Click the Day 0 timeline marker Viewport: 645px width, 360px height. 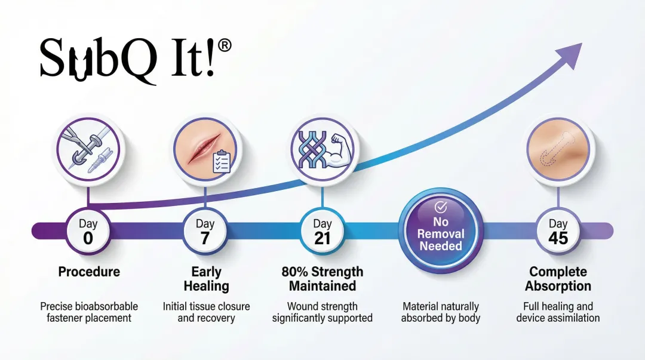88,230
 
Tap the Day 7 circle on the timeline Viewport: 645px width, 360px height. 205,230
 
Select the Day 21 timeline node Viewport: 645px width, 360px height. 322,230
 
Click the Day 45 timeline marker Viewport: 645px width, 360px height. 558,230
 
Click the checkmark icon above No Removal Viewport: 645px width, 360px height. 441,207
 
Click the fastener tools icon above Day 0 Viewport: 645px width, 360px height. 88,147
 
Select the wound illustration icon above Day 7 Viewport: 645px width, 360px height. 205,147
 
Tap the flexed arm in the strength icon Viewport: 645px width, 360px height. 339,150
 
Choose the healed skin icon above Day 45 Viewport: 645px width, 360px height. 558,147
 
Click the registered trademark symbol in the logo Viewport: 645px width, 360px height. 225,48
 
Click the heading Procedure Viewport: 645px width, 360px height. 89,272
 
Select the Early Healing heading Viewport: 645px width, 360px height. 206,279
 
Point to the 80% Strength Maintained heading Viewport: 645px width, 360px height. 322,279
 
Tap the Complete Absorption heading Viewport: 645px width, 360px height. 558,279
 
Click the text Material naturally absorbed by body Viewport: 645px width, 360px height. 441,312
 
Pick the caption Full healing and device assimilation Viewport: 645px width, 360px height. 558,312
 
